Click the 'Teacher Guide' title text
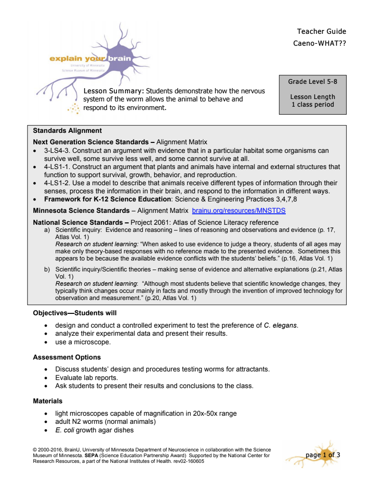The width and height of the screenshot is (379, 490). (x=321, y=31)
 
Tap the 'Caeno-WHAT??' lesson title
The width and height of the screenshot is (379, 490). (x=320, y=43)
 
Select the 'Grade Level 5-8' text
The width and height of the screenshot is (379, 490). (x=312, y=81)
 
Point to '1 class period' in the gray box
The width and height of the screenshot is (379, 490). (x=312, y=104)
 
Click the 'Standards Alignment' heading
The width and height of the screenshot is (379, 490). (x=67, y=130)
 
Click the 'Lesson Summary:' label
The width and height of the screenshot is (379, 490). (x=114, y=91)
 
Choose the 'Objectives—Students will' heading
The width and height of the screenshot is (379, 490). (x=75, y=313)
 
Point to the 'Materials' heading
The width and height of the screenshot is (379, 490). (x=48, y=401)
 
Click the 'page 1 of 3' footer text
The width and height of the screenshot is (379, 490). (x=322, y=455)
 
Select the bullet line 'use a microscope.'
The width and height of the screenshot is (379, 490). (x=83, y=341)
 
